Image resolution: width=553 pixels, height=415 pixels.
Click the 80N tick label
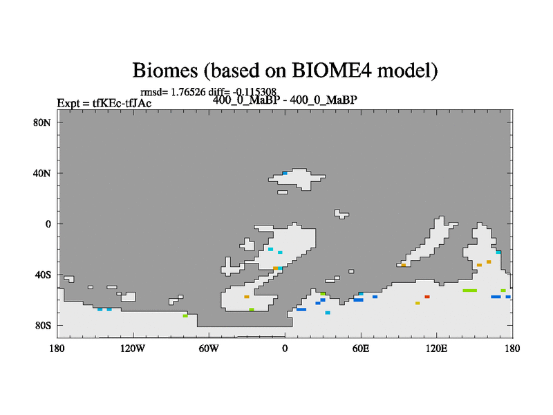(42, 122)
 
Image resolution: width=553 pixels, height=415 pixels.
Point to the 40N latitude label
(42, 174)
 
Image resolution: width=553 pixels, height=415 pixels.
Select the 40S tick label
(43, 275)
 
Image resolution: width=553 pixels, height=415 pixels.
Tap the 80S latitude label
(43, 325)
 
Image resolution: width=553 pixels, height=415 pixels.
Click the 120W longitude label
(133, 349)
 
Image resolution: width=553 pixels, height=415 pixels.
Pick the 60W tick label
(209, 349)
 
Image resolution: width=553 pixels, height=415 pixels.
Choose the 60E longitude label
(361, 349)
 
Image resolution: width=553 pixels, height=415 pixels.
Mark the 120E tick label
(437, 349)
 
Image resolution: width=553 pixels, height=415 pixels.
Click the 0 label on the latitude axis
(48, 224)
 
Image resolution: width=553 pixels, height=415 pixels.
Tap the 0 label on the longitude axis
(285, 349)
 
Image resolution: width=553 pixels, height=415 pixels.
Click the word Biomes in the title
(165, 71)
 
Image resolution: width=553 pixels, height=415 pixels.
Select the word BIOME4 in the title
(332, 71)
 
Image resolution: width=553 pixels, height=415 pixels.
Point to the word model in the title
(407, 71)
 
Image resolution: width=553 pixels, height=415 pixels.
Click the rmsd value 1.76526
(188, 92)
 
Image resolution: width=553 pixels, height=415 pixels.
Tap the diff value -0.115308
(254, 92)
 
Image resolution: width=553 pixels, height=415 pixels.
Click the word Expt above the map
(69, 103)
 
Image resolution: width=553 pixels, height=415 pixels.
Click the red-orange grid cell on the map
(427, 297)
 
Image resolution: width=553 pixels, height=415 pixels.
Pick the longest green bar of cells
(470, 290)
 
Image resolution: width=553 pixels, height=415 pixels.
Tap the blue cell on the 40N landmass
(285, 174)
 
